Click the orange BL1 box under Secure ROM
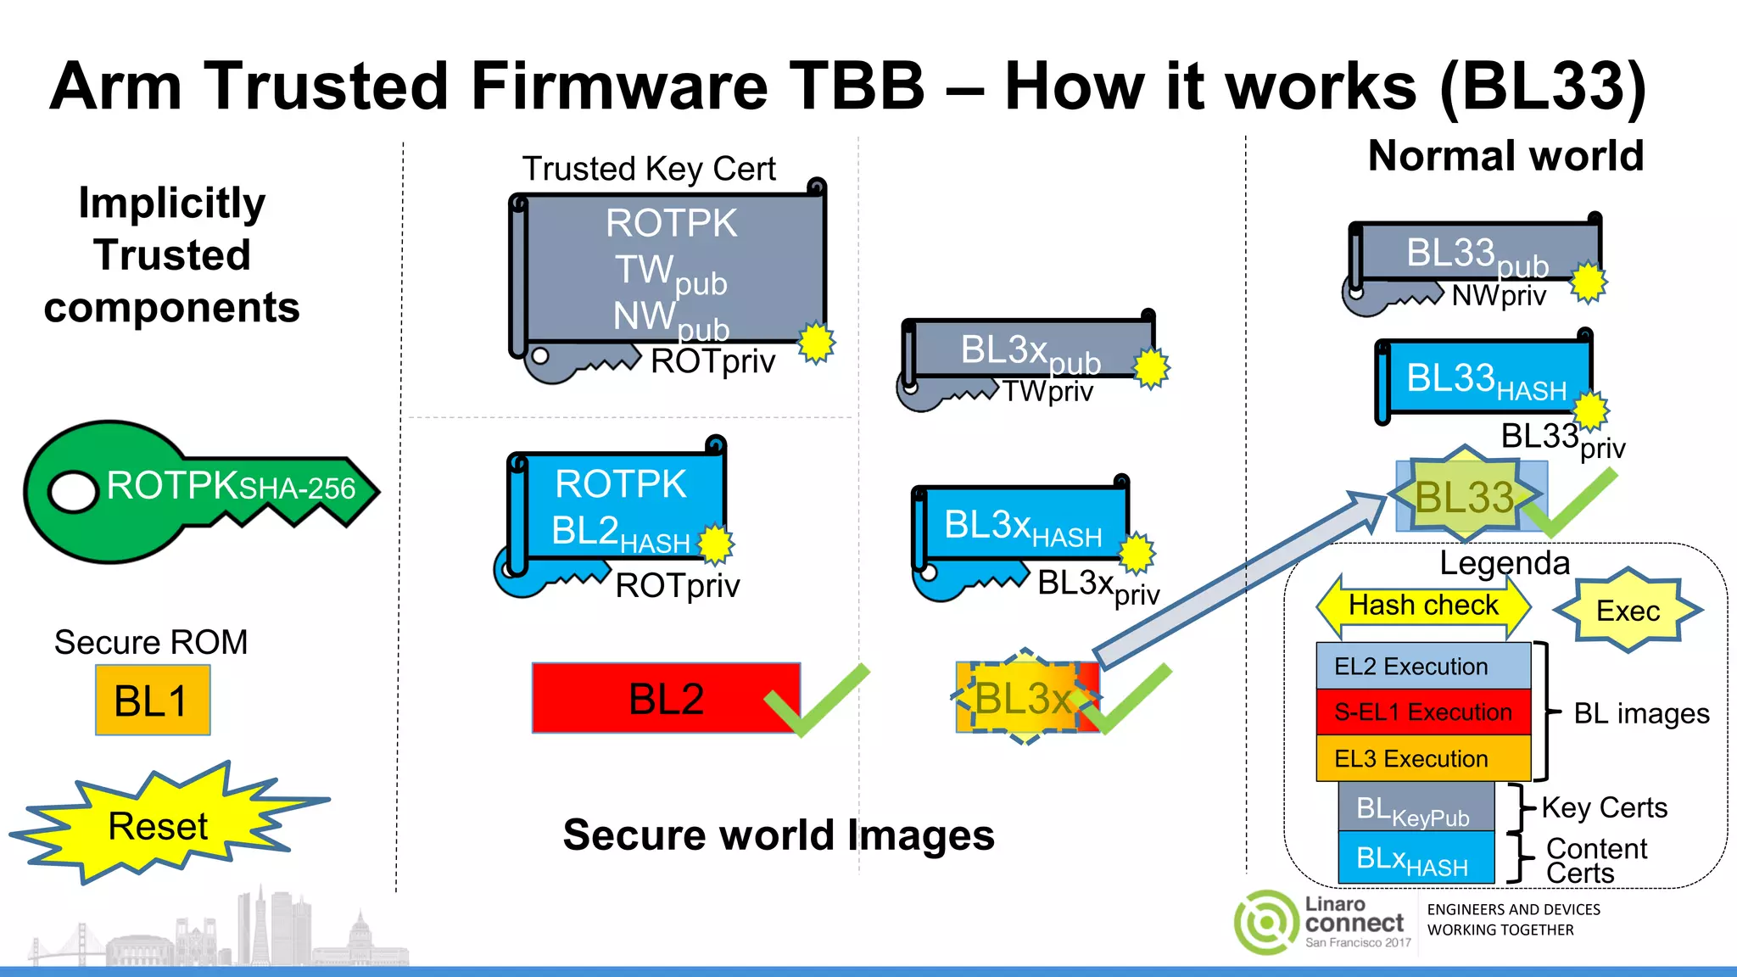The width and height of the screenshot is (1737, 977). point(153,700)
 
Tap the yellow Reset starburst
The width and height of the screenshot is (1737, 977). point(159,825)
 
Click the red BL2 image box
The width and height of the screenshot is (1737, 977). point(665,698)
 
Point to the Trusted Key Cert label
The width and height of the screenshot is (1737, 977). point(648,169)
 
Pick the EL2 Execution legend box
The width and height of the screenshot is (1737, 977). point(1422,666)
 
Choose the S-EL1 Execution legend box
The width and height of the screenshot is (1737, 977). point(1422,712)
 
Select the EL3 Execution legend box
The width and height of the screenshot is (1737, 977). point(1422,758)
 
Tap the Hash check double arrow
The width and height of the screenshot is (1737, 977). point(1423,606)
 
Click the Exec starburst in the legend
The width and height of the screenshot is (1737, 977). point(1627,611)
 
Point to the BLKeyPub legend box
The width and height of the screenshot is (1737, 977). point(1415,807)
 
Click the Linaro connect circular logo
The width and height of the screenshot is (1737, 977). point(1266,922)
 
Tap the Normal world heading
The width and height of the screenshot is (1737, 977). point(1505,156)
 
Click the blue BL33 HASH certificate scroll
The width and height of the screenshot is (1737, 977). point(1484,379)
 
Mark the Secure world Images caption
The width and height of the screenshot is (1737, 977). point(778,835)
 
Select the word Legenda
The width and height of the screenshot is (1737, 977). point(1505,562)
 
